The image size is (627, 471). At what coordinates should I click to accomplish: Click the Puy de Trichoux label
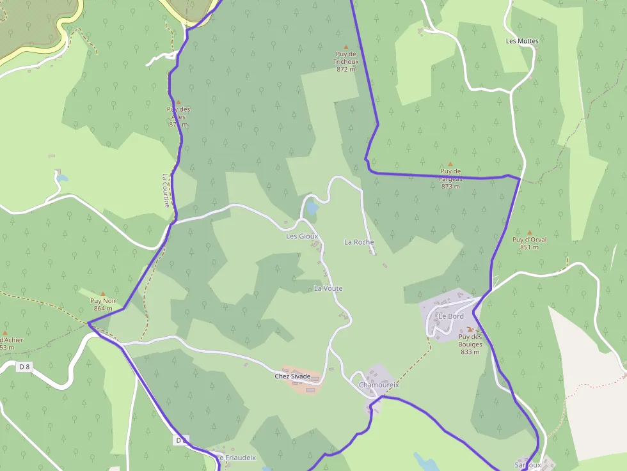(345, 61)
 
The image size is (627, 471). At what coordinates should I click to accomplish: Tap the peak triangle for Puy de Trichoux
(346, 47)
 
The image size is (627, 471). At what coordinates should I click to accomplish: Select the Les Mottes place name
(522, 41)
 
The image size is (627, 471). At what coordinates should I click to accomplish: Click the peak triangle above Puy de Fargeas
(450, 164)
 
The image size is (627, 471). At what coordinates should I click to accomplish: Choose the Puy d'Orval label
(529, 243)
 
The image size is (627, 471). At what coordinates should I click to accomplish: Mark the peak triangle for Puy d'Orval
(529, 233)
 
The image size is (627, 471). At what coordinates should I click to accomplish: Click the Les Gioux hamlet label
(302, 236)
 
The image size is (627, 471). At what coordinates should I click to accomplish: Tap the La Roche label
(359, 242)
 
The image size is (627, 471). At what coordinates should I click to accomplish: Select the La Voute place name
(328, 288)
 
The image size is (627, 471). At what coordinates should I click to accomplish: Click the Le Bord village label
(451, 316)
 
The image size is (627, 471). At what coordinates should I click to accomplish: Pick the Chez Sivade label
(292, 376)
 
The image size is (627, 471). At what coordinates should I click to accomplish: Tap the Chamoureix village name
(379, 385)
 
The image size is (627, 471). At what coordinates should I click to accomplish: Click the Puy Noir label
(103, 304)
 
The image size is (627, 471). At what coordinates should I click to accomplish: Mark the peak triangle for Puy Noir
(103, 293)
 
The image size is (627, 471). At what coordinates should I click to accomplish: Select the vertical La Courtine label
(166, 190)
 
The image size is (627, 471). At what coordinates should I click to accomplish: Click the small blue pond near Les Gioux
(312, 207)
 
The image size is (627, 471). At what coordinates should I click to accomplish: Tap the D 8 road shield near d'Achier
(25, 367)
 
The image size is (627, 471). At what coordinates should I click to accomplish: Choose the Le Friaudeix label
(237, 458)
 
